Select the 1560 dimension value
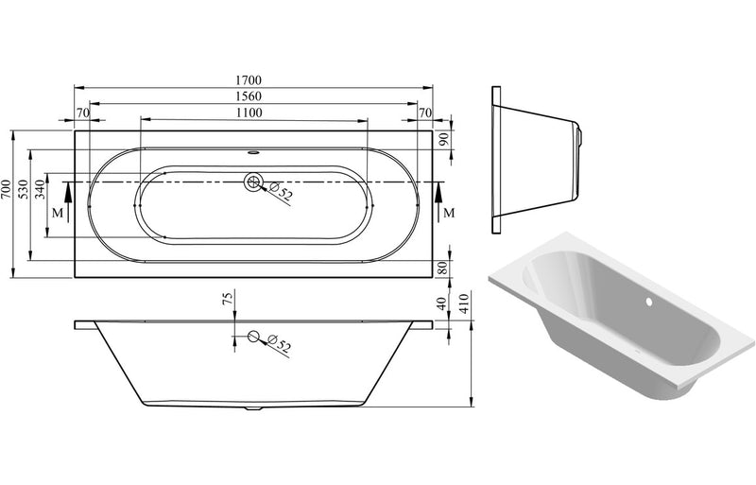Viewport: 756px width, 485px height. [252, 96]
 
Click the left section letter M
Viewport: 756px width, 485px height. [59, 212]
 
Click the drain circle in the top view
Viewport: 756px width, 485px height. [253, 182]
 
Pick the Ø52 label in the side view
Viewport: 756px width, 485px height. [279, 344]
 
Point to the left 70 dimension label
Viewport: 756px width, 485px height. [82, 113]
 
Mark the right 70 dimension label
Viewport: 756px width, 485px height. [424, 113]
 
